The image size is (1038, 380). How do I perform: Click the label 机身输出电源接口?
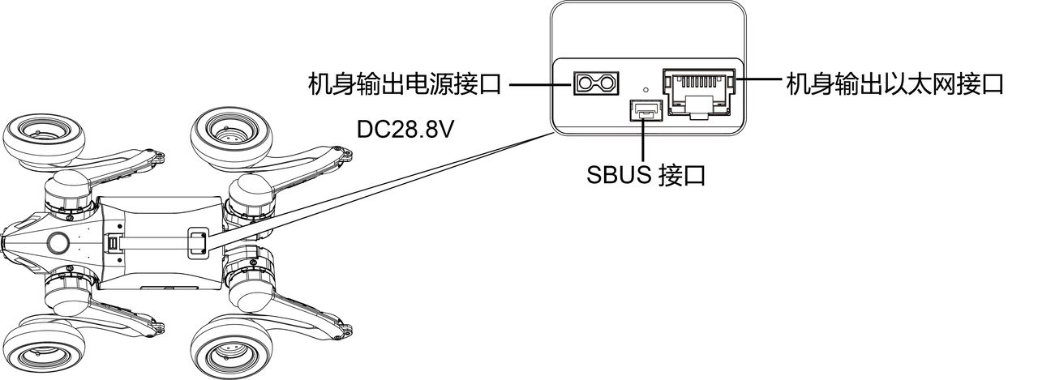coord(405,83)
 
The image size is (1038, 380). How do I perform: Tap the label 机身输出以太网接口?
coord(894,83)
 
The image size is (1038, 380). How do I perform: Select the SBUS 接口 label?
coord(646,175)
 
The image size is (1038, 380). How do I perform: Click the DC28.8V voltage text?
coord(405,130)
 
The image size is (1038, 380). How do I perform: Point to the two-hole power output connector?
coord(596,83)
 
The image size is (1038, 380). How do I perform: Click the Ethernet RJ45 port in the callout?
coord(699,95)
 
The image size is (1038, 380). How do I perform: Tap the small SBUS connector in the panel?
coord(644,111)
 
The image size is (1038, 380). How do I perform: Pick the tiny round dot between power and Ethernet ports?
coord(646,88)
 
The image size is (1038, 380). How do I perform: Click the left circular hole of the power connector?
coord(585,83)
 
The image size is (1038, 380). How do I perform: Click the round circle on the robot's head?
coord(59,242)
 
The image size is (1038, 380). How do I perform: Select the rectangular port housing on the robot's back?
coord(198,243)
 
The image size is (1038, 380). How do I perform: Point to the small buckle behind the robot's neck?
coord(113,243)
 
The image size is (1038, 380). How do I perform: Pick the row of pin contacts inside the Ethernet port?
coord(699,83)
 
